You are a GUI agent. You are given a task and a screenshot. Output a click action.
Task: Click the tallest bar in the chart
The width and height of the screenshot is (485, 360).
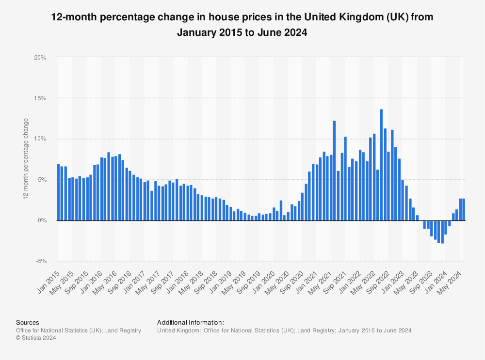coord(381,165)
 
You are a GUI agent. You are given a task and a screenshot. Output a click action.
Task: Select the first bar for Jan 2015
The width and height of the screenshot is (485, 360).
coord(58,192)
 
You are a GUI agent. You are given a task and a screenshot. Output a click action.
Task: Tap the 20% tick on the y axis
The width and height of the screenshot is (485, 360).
coord(40,58)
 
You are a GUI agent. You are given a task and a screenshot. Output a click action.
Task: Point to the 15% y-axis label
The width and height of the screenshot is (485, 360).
coord(40,98)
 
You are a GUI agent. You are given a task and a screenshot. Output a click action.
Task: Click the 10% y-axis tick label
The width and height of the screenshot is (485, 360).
coord(40,139)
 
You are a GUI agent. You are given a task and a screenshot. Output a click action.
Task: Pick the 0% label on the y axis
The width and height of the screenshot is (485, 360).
coord(42,220)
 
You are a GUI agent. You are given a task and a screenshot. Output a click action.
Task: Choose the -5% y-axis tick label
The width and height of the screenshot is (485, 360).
coord(41,261)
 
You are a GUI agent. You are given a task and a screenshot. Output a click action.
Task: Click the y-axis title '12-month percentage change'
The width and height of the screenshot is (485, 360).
coord(26,159)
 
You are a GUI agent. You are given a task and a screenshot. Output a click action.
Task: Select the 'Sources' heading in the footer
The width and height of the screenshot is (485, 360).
coord(28,322)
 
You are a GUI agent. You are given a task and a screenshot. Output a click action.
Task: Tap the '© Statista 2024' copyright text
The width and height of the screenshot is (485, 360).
coord(36,338)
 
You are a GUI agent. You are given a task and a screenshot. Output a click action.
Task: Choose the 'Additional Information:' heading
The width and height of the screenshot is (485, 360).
coord(191,322)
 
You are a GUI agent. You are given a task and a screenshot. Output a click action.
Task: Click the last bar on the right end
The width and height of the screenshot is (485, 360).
coord(464,209)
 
